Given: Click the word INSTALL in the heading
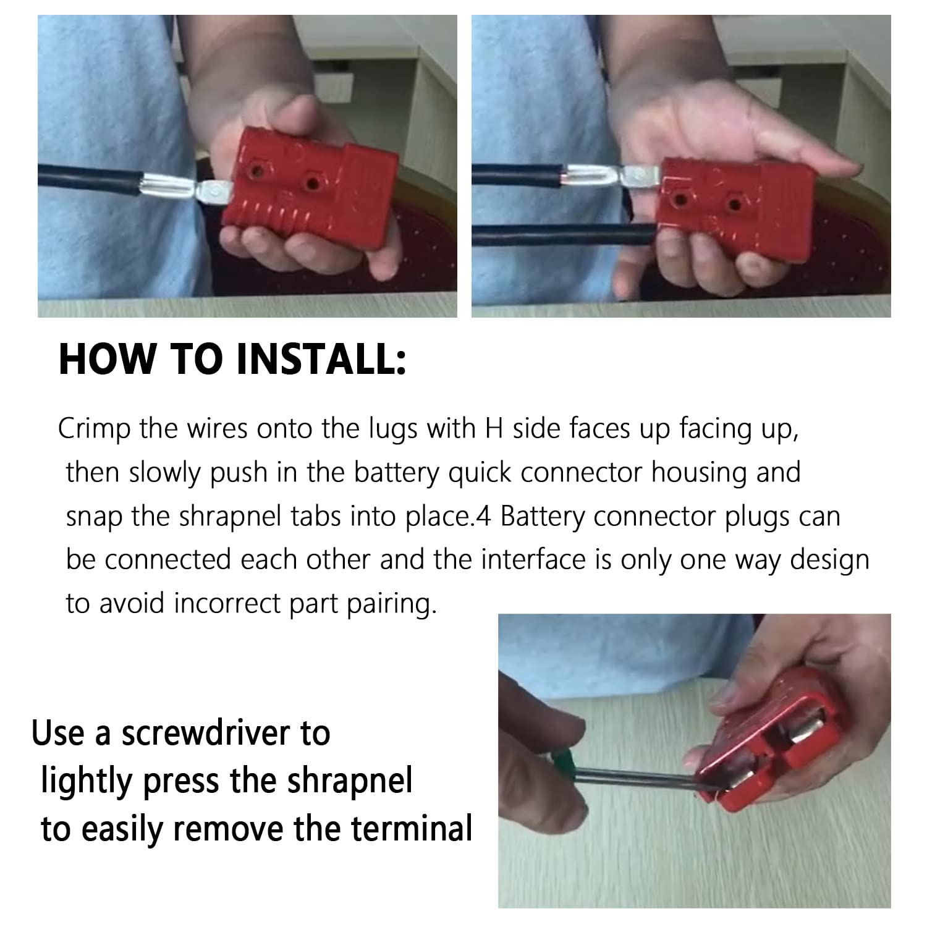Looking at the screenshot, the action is point(322,360).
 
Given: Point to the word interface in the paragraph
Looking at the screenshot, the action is point(533,559).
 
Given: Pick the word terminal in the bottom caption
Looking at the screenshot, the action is point(413,829).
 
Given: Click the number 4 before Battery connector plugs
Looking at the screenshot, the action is point(484,517).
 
